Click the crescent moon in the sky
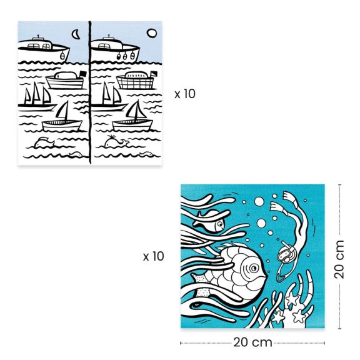click(x=76, y=34)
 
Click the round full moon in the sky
click(x=151, y=34)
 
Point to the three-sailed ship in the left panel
click(x=37, y=96)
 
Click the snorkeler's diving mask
click(x=285, y=254)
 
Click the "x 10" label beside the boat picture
click(x=186, y=94)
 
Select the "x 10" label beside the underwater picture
click(x=153, y=256)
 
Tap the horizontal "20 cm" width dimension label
click(x=252, y=342)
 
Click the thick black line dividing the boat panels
click(x=90, y=94)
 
